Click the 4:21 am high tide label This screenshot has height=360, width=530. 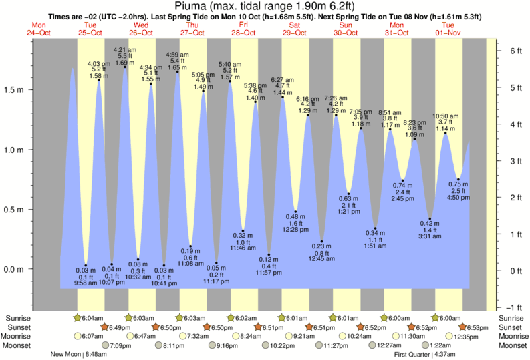tap(125, 50)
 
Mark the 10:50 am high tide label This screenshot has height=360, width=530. tap(446, 116)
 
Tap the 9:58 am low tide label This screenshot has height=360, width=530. tap(86, 283)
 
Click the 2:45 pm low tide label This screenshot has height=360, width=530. tap(402, 199)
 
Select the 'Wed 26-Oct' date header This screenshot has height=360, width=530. tap(141, 29)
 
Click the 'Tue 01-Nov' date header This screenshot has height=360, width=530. tap(449, 29)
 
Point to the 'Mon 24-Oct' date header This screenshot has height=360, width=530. tap(39, 29)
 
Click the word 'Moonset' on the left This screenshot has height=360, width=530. tap(17, 345)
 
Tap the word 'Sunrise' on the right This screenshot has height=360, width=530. tap(512, 317)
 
